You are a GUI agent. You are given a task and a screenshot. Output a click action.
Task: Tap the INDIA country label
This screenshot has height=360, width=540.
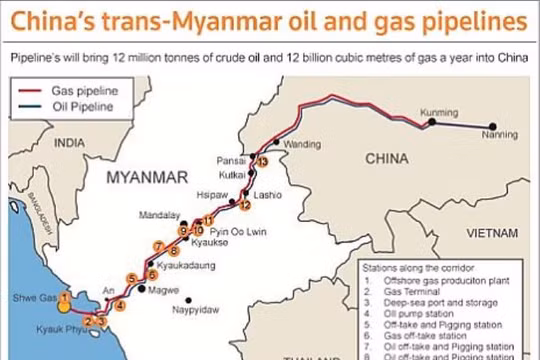pos(70,143)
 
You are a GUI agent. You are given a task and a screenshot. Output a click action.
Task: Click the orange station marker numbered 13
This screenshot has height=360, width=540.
pos(262,161)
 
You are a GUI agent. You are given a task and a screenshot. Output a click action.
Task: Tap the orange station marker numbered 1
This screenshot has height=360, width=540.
pos(64,297)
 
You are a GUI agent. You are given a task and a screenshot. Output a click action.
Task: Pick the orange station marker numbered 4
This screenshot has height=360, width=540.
pos(120,305)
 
